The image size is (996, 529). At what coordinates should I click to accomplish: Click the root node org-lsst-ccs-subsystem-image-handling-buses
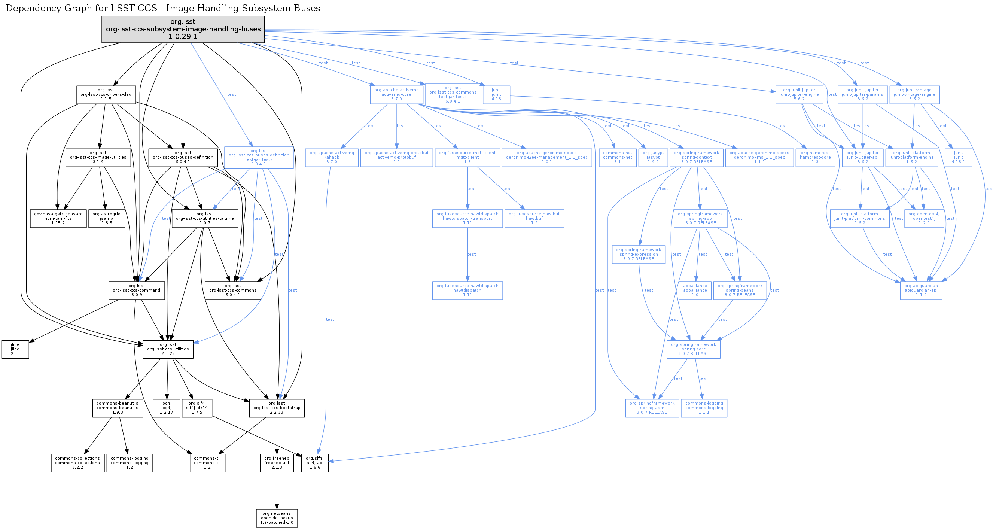183,29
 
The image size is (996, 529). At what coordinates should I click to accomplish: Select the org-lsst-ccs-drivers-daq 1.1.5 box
106,94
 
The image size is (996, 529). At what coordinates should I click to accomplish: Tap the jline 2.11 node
15,349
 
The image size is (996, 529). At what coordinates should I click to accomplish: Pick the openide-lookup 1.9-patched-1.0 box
277,518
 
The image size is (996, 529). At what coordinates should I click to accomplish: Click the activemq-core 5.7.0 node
396,94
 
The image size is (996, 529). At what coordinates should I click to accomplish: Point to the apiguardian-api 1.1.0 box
921,290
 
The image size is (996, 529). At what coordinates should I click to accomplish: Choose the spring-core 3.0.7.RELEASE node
693,349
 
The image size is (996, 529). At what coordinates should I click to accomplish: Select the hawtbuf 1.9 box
534,219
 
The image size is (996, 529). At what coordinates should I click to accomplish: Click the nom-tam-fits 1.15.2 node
58,219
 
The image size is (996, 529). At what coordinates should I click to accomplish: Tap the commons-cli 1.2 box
207,463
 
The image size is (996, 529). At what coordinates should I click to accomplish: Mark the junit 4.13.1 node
958,157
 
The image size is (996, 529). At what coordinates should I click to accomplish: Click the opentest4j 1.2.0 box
924,219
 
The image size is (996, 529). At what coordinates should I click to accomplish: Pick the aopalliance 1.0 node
695,290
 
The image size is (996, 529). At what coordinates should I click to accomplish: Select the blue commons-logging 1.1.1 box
704,408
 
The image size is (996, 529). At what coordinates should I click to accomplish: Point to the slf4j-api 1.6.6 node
315,463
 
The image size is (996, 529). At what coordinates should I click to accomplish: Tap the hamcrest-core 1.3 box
815,157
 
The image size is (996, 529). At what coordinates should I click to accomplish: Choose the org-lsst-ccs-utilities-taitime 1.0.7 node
204,219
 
